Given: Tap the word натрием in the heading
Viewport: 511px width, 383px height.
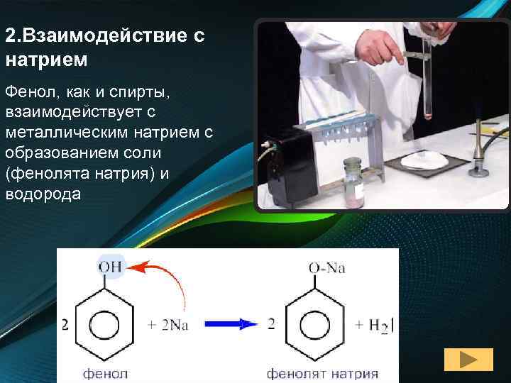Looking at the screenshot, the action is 46,59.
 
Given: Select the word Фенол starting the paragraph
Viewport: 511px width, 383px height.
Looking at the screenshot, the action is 28,93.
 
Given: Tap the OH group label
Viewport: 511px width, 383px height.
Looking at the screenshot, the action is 110,267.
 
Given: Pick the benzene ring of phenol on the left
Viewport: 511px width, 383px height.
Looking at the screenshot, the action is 109,325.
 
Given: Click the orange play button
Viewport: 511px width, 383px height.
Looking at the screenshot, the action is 468,360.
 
